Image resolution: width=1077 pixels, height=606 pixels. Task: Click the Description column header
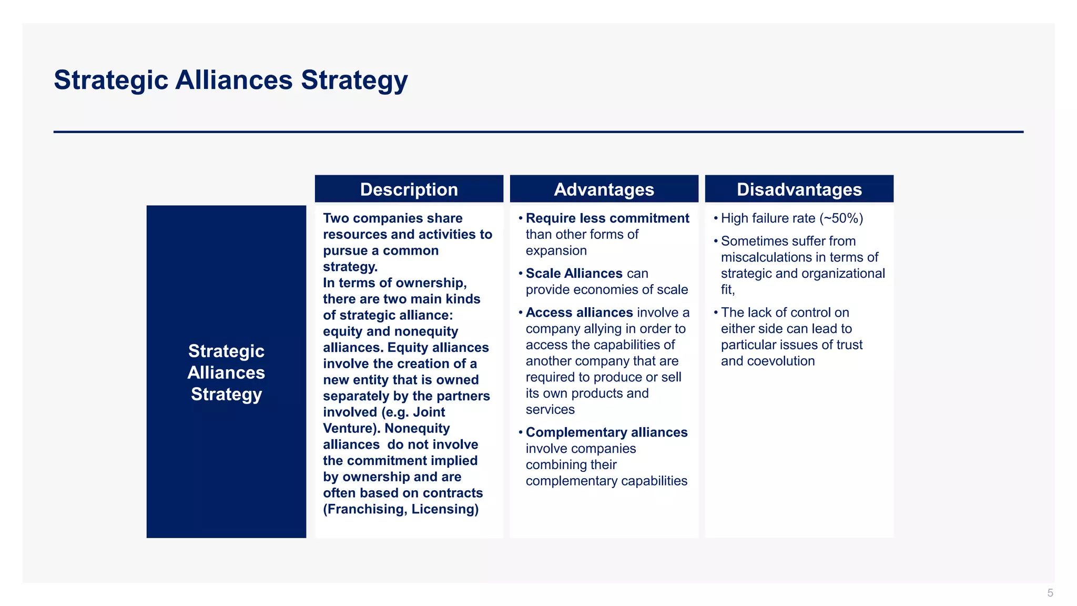point(409,189)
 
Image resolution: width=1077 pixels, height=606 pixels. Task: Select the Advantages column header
point(604,189)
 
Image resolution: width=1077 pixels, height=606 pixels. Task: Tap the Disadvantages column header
point(799,189)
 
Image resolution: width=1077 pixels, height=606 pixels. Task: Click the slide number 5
point(1050,593)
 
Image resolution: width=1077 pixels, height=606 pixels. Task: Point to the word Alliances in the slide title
point(233,80)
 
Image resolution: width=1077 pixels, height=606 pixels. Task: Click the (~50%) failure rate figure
point(841,218)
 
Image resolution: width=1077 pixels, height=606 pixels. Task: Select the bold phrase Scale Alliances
point(574,274)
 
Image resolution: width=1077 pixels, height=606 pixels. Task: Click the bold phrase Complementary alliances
point(606,432)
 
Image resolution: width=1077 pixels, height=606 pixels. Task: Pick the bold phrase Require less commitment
point(607,218)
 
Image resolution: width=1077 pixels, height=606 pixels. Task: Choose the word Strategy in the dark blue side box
point(226,395)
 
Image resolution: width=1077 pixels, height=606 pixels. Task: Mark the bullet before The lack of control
point(716,313)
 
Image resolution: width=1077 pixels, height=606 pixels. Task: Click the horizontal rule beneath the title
point(538,132)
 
